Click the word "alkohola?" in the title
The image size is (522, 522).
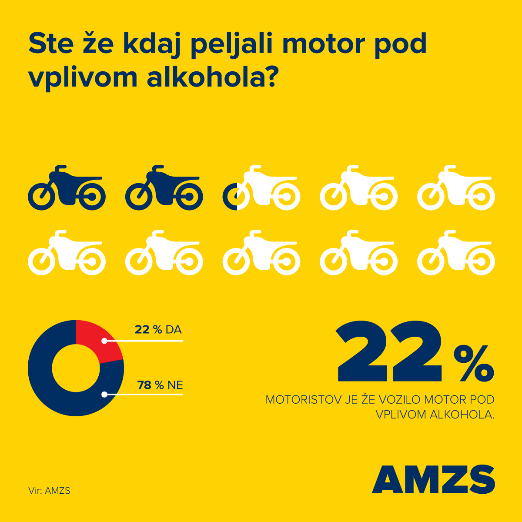[x=212, y=77]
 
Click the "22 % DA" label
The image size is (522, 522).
[x=158, y=329]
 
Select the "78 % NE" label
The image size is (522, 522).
[x=160, y=385]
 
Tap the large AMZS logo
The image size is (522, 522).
[x=434, y=479]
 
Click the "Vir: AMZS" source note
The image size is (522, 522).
[x=50, y=491]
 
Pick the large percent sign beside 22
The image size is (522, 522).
[x=473, y=363]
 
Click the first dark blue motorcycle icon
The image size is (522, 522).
[x=67, y=188]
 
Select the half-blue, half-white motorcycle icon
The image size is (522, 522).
[x=261, y=188]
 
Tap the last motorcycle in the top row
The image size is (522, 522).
[x=456, y=188]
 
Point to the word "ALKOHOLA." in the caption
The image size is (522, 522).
[x=462, y=415]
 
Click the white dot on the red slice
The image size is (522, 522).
[x=104, y=341]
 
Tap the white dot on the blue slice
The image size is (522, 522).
[x=104, y=395]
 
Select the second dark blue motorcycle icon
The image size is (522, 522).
[x=164, y=188]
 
